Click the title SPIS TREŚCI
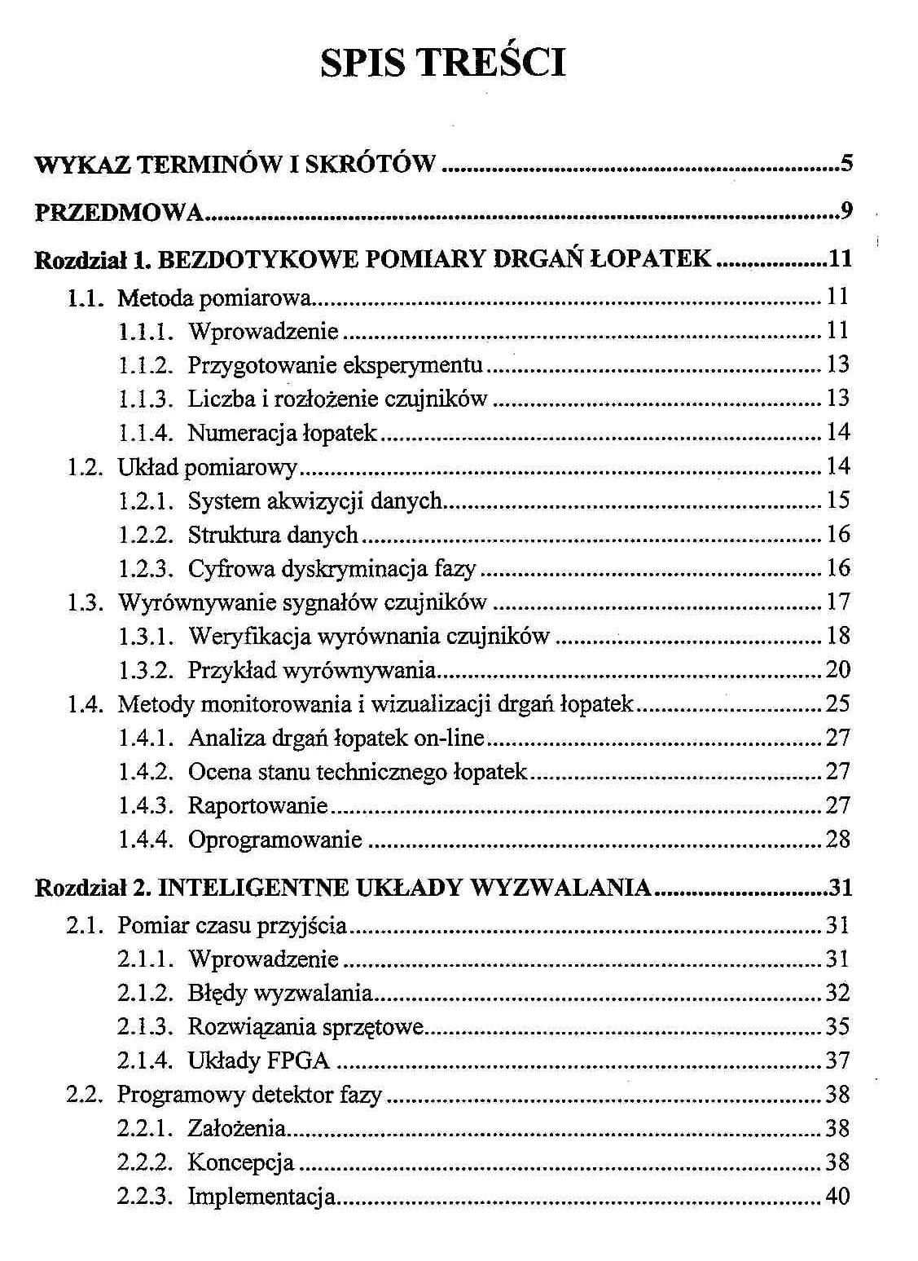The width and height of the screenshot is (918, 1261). tap(442, 63)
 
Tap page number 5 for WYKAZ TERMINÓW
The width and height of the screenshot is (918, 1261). tap(846, 164)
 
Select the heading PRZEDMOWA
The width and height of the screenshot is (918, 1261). tap(119, 213)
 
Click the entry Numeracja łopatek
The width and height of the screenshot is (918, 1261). tap(282, 433)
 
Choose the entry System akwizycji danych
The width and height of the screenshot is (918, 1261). tap(314, 500)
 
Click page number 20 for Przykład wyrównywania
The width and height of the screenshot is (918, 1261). tap(838, 670)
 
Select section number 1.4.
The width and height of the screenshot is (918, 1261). tap(84, 704)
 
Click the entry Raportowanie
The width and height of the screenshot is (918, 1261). tap(257, 806)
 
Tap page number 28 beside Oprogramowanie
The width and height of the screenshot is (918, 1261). tap(838, 840)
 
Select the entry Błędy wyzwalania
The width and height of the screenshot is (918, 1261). tap(279, 993)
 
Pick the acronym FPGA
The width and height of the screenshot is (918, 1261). tap(299, 1060)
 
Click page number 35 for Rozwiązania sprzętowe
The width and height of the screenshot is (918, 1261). tap(838, 1026)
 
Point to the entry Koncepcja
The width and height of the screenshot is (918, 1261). tap(240, 1162)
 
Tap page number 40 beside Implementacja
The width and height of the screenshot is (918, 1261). tap(838, 1197)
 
